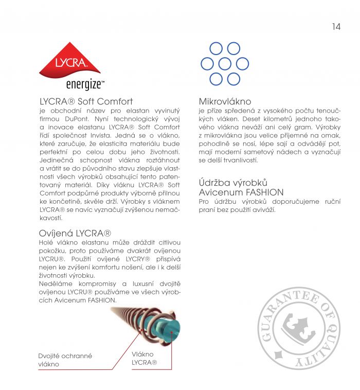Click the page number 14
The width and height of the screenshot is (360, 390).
(x=336, y=27)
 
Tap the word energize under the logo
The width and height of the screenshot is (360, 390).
(x=85, y=84)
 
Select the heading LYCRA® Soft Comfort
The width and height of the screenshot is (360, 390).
(x=86, y=102)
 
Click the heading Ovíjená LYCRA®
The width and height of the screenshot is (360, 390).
(x=76, y=233)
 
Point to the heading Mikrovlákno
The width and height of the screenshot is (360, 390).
(x=225, y=102)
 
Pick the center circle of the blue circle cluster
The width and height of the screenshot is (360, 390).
(x=225, y=64)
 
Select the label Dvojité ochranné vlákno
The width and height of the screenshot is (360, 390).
(x=58, y=360)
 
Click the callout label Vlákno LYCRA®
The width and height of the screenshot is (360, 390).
(x=144, y=358)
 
